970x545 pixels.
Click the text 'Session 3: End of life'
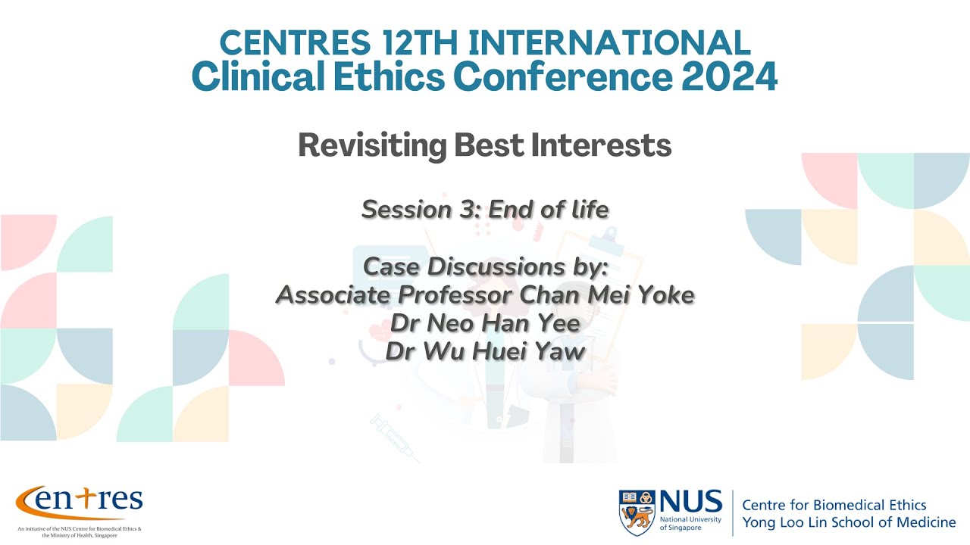click(485, 209)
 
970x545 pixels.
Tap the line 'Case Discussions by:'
click(485, 266)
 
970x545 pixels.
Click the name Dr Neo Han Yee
click(485, 323)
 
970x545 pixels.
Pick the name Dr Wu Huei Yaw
click(485, 350)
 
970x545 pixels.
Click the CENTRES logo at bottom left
click(79, 500)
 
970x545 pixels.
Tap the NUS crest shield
click(637, 512)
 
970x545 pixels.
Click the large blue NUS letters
click(690, 501)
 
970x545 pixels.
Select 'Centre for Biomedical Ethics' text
click(834, 505)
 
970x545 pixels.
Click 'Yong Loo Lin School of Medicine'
click(849, 522)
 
